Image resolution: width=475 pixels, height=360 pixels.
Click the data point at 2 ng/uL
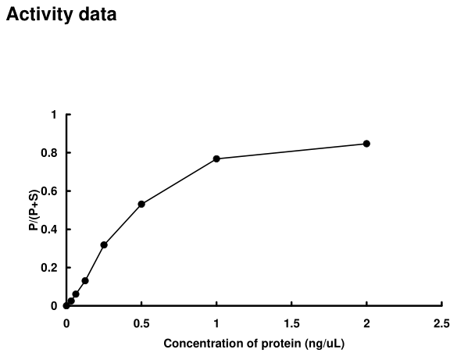tap(366, 144)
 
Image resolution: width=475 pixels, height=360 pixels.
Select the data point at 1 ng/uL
tap(216, 159)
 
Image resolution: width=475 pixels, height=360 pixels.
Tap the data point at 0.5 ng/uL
tap(141, 204)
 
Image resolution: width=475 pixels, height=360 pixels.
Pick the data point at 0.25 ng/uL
tap(104, 244)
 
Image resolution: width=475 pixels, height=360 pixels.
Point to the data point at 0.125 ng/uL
tap(85, 280)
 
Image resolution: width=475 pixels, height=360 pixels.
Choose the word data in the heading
tap(98, 15)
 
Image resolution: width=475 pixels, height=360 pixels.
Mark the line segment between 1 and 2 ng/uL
tap(291, 151)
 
